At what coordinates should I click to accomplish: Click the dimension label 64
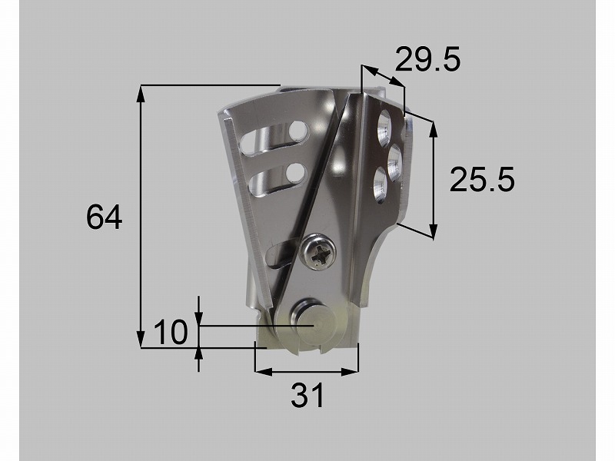point(104,217)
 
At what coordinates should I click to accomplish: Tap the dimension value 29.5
point(427,59)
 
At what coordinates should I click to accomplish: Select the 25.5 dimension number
point(482,179)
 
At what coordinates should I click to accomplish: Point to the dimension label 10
point(171,332)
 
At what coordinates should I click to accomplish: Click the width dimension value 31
point(307,395)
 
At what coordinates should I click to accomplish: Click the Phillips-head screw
point(317,253)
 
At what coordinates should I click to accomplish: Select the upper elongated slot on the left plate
point(274,138)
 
